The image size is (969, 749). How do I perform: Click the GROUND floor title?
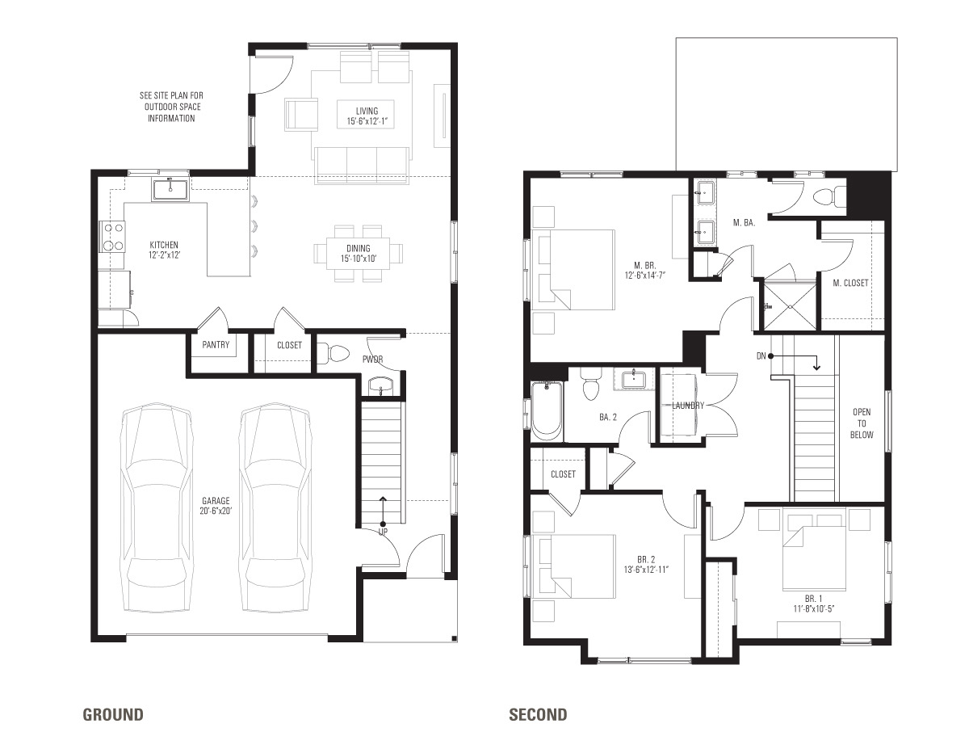coord(113,714)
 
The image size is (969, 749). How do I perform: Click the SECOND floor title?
coord(538,714)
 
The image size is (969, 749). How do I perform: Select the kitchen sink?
coord(170,190)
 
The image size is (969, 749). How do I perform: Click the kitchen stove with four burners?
coord(113,235)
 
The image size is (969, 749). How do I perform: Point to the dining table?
coord(359,253)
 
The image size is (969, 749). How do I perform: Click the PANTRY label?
coord(216,345)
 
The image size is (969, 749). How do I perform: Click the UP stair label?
coord(382,532)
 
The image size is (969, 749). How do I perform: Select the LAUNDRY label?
coord(688,406)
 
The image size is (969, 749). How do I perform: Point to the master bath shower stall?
coord(791,306)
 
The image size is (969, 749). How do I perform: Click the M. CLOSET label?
coord(851,283)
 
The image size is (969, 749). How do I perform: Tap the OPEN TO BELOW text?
coord(862,423)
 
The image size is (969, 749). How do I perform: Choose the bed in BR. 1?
coord(814,556)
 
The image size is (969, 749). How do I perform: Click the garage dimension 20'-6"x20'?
coord(215,511)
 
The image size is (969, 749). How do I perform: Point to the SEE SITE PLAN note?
coord(170,107)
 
